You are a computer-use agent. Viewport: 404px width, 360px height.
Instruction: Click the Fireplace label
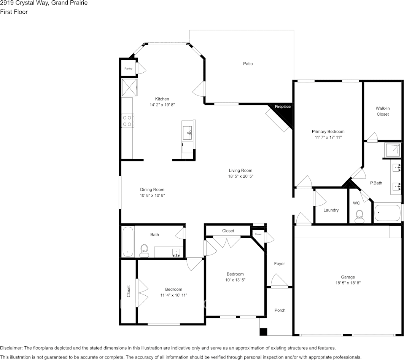click(x=283, y=107)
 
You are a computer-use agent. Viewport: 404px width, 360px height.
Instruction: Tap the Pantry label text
click(x=129, y=69)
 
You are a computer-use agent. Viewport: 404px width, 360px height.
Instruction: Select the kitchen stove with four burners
click(x=127, y=121)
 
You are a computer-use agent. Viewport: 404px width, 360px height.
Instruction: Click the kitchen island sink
click(x=188, y=133)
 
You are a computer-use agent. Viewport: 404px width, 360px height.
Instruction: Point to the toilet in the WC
click(x=359, y=217)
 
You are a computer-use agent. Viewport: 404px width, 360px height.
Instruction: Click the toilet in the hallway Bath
click(x=144, y=249)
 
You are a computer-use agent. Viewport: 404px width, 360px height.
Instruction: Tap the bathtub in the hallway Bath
click(x=128, y=242)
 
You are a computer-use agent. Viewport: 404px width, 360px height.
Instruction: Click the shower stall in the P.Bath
click(x=393, y=150)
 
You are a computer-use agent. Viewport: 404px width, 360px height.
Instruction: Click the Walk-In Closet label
click(x=382, y=111)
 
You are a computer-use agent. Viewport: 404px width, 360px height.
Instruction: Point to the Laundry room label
click(x=331, y=210)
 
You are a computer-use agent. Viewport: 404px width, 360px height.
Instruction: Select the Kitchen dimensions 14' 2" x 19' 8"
click(x=162, y=104)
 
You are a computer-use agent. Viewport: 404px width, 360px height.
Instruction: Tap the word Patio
click(x=248, y=64)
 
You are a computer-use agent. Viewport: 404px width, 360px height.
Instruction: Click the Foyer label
click(x=279, y=264)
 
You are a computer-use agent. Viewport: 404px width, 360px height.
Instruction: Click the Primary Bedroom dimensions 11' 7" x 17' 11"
click(x=328, y=137)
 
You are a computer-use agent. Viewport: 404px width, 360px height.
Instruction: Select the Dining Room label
click(x=152, y=190)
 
